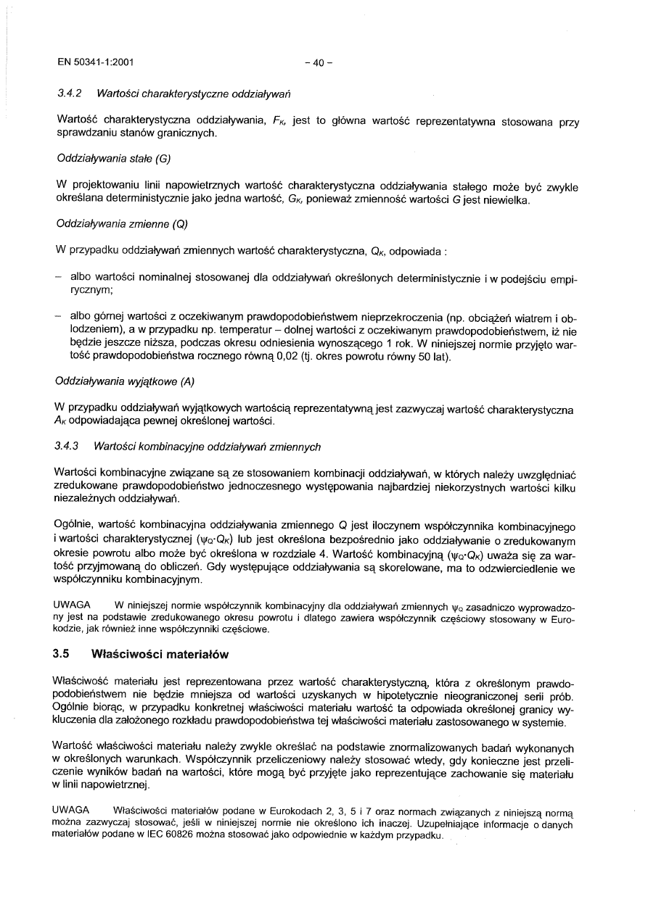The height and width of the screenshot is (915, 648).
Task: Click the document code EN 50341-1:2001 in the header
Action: pyautogui.click(x=94, y=62)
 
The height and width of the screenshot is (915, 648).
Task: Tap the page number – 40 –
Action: pyautogui.click(x=319, y=62)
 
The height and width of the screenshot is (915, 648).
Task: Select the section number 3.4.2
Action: pyautogui.click(x=69, y=94)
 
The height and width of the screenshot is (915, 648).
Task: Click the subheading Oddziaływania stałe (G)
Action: pyautogui.click(x=112, y=157)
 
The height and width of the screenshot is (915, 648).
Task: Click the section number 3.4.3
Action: pyautogui.click(x=69, y=447)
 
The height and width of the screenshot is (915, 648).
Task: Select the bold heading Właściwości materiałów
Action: pyautogui.click(x=160, y=654)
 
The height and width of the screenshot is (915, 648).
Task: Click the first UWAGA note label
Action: pyautogui.click(x=72, y=605)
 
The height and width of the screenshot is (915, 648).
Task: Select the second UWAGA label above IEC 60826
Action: pyautogui.click(x=72, y=809)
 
